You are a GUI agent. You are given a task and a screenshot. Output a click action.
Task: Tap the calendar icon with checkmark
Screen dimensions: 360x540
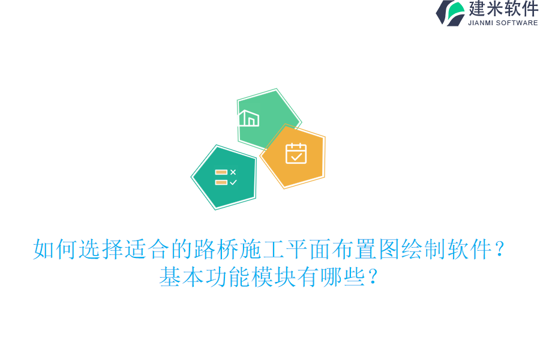296,154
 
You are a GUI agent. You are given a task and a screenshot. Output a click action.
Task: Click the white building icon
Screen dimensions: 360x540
248,118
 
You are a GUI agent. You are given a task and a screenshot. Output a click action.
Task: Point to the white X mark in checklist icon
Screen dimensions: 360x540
233,172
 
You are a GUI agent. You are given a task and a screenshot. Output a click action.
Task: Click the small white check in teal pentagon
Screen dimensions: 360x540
233,182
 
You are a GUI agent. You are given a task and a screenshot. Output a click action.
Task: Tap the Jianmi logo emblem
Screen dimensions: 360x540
450,13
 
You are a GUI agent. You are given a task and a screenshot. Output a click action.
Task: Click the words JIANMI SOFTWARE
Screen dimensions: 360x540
503,23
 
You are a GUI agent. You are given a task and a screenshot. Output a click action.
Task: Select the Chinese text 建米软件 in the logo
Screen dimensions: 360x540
503,9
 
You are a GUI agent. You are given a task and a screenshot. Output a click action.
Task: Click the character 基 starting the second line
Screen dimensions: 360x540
170,277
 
